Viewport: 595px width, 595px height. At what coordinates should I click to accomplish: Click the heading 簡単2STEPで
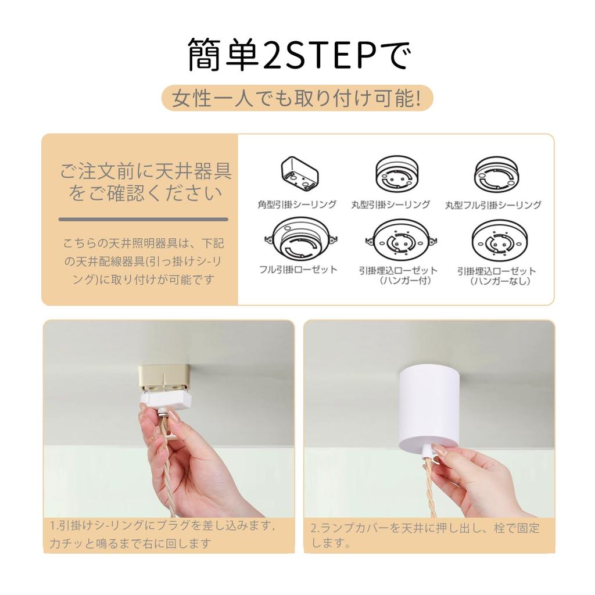(x=297, y=55)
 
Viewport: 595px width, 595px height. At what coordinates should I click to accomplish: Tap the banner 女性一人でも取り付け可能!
(x=297, y=98)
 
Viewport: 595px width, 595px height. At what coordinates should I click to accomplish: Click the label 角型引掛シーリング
(x=297, y=205)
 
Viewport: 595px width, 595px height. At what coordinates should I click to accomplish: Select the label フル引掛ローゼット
(x=297, y=269)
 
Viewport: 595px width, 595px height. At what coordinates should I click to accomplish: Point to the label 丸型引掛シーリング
(x=390, y=205)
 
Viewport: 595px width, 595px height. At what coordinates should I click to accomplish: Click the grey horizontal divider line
(x=143, y=219)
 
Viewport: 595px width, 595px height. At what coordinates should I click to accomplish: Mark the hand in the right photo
(x=476, y=476)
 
